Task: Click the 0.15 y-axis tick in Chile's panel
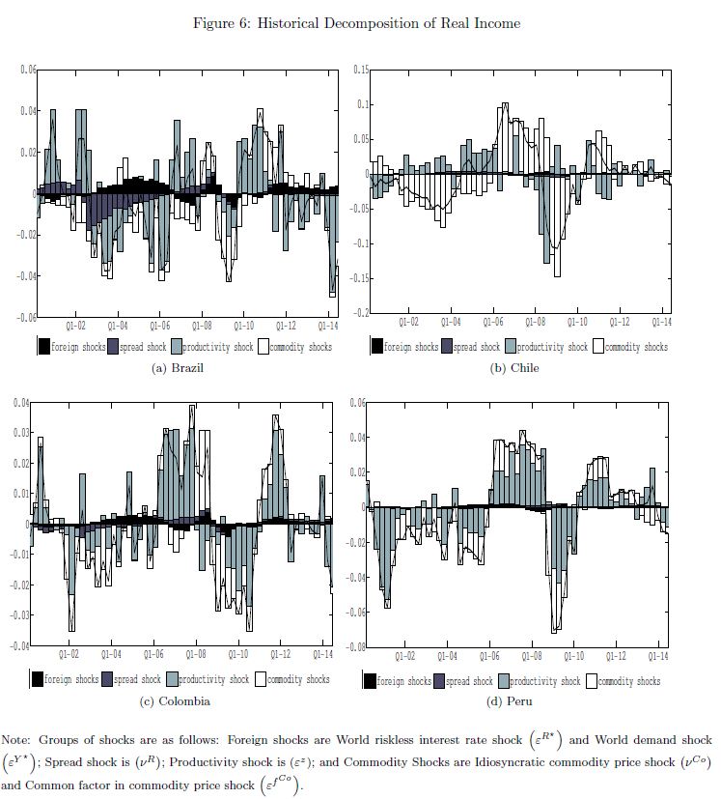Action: tap(360, 70)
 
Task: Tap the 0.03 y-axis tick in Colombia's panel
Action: tap(21, 433)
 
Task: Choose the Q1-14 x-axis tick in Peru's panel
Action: tap(657, 656)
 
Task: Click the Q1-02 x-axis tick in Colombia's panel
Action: tap(70, 655)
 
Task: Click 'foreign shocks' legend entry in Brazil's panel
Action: tap(74, 347)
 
